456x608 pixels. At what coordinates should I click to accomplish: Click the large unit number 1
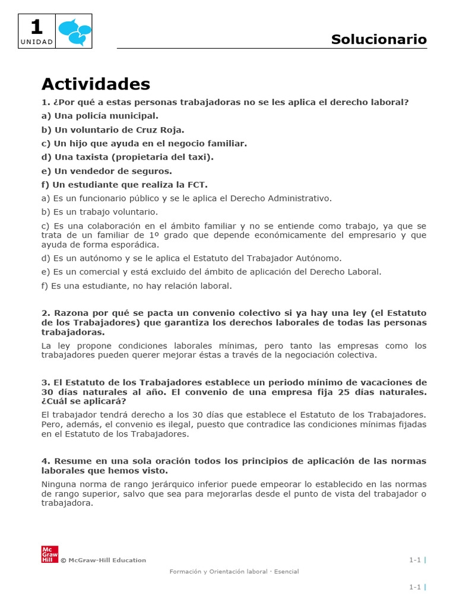pos(37,27)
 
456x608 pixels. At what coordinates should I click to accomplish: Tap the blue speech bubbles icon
pos(75,31)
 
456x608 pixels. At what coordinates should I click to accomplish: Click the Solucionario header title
pos(379,39)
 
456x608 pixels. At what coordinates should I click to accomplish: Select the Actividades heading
pos(96,84)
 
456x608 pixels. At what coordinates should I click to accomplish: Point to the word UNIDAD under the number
pos(37,42)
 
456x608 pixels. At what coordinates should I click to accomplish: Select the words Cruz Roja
pos(161,129)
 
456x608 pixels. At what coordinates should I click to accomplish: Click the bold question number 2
pos(45,313)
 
